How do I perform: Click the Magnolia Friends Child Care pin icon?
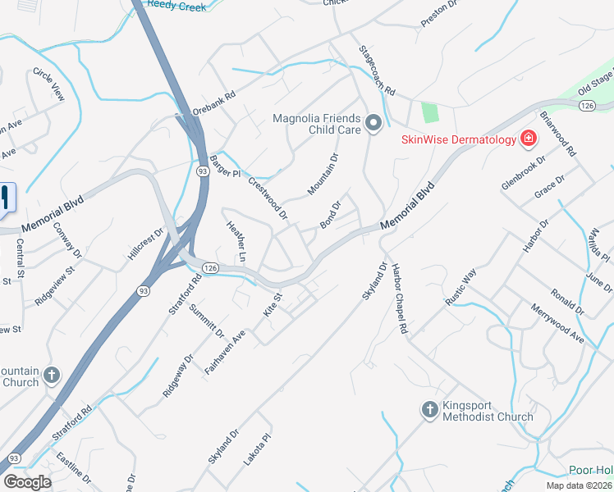[x=374, y=125]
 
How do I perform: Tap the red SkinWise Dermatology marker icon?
[x=529, y=139]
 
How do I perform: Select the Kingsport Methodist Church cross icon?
[x=428, y=409]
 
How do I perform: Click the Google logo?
[x=27, y=482]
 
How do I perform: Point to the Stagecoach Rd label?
[x=378, y=69]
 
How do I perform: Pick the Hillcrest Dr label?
[x=148, y=244]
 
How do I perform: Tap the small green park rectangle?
[x=429, y=112]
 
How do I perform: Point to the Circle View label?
[x=48, y=84]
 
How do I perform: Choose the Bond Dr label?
[x=330, y=215]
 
